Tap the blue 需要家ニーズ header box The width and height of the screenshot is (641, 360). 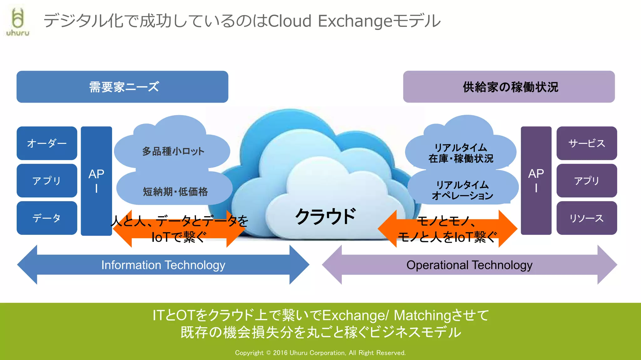click(122, 87)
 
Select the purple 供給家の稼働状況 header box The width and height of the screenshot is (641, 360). click(509, 87)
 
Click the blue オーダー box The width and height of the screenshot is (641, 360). click(47, 143)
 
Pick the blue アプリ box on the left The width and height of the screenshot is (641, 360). click(47, 180)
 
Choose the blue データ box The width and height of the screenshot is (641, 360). click(47, 218)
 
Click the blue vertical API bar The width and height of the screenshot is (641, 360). click(96, 181)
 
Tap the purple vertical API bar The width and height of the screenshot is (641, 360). click(536, 181)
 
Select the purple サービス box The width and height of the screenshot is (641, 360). click(587, 143)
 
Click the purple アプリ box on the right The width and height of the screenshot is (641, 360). click(587, 180)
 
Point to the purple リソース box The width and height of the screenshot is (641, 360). click(587, 218)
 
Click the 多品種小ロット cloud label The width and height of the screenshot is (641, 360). click(173, 151)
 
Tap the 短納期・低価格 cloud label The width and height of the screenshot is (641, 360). click(175, 191)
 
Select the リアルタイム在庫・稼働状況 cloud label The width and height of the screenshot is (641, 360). click(461, 153)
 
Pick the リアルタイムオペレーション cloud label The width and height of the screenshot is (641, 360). click(463, 190)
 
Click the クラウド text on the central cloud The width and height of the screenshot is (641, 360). click(326, 216)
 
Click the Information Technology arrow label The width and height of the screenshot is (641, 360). click(163, 265)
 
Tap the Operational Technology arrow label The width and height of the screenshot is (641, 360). click(469, 265)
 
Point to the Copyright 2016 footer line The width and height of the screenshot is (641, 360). click(320, 353)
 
